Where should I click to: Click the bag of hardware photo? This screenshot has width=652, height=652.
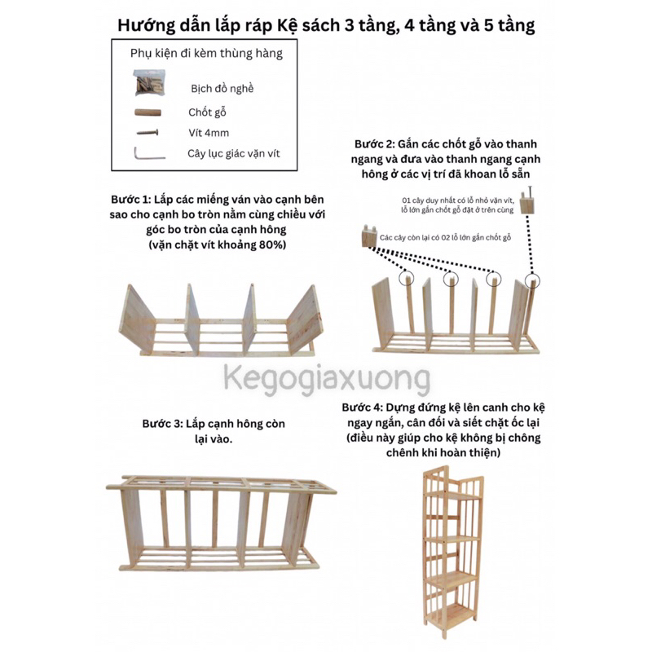(150, 84)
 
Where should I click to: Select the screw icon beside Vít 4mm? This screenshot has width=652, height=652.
(148, 131)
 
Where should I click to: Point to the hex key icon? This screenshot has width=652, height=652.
(148, 152)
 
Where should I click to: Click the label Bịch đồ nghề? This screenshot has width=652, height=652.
(222, 88)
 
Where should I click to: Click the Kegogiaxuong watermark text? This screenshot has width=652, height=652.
(327, 380)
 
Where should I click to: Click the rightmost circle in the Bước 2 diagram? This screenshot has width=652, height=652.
(533, 281)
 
